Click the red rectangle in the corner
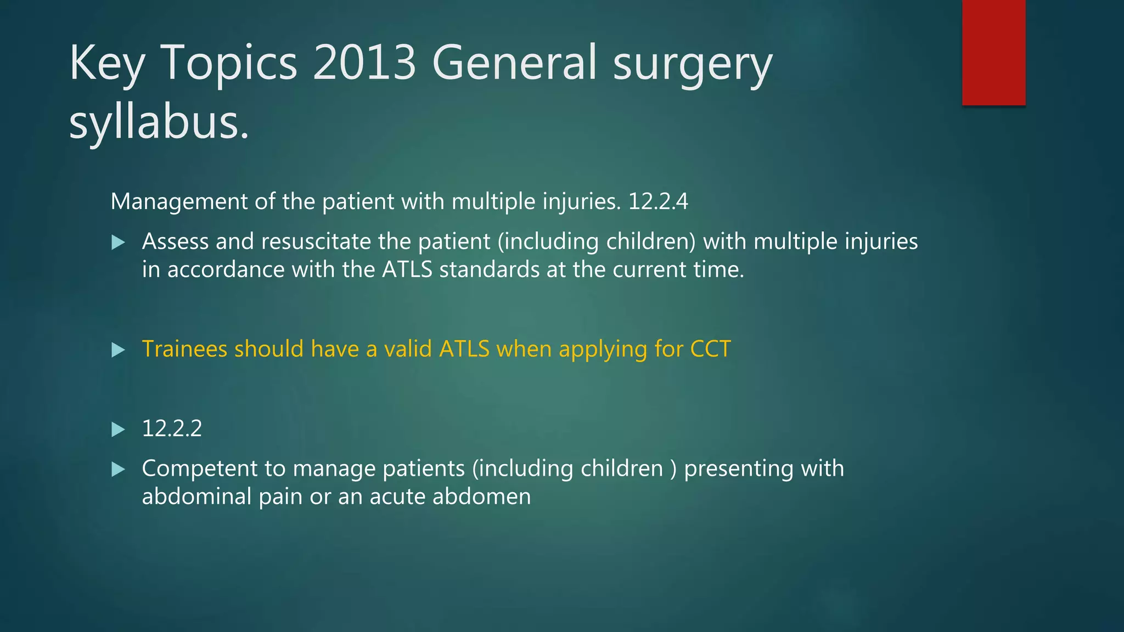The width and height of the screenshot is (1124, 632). pyautogui.click(x=993, y=52)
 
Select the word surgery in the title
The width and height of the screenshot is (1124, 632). pyautogui.click(x=692, y=64)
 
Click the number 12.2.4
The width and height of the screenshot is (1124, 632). pyautogui.click(x=657, y=202)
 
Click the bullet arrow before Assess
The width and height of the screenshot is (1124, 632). pyautogui.click(x=118, y=242)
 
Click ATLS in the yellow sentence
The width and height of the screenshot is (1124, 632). pyautogui.click(x=464, y=349)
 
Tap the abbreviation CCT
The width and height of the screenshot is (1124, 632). pyautogui.click(x=710, y=349)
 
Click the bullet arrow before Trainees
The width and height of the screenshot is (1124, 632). pyautogui.click(x=118, y=350)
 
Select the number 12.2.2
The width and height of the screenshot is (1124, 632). pyautogui.click(x=172, y=428)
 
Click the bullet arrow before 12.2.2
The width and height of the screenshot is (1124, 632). pyautogui.click(x=118, y=429)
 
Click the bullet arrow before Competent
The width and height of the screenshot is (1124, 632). pyautogui.click(x=118, y=469)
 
